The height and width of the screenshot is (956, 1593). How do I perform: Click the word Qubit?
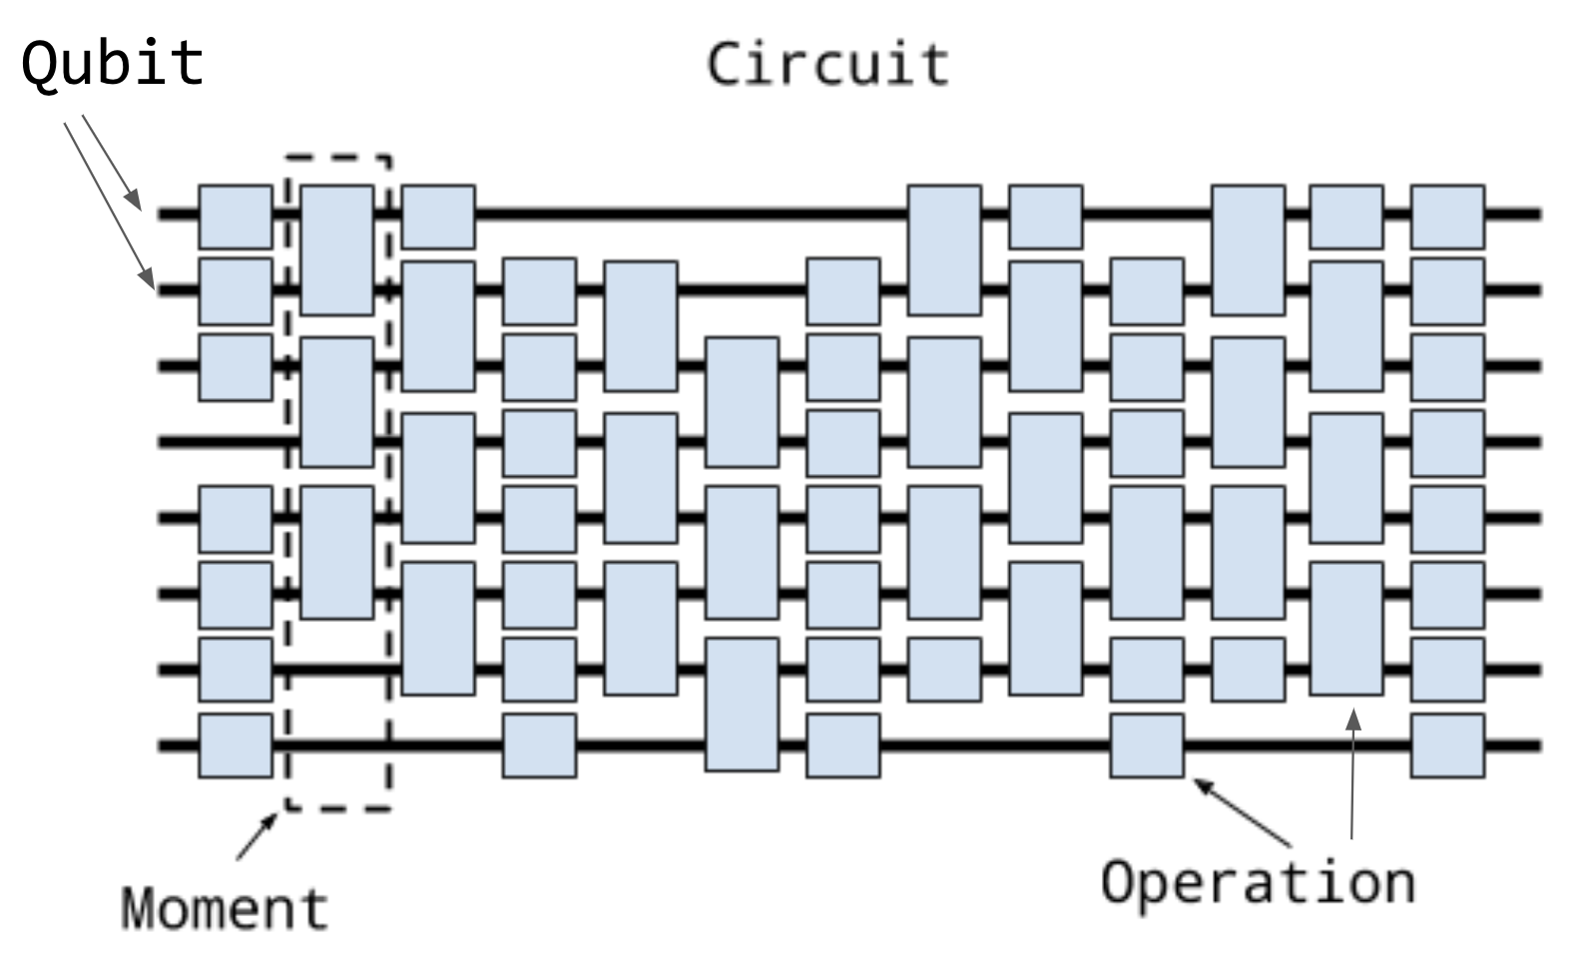pyautogui.click(x=113, y=63)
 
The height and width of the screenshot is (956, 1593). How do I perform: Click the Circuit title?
pyautogui.click(x=827, y=64)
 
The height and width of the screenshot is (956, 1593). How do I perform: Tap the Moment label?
pyautogui.click(x=225, y=908)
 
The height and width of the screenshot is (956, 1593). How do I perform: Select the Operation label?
pyautogui.click(x=1258, y=882)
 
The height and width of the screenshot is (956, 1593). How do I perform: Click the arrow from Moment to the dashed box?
pyautogui.click(x=257, y=836)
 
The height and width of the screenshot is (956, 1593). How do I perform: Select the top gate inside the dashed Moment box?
pyautogui.click(x=337, y=249)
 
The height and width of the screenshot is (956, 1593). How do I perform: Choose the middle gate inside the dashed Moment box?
pyautogui.click(x=337, y=401)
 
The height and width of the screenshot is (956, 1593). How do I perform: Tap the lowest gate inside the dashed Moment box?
pyautogui.click(x=337, y=552)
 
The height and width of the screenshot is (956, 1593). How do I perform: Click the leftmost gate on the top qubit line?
pyautogui.click(x=236, y=216)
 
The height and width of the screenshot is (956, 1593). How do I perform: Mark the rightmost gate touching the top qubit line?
pyautogui.click(x=1447, y=216)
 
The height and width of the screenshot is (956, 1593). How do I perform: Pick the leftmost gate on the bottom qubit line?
pyautogui.click(x=236, y=744)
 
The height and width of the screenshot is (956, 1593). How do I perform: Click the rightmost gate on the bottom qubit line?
pyautogui.click(x=1447, y=744)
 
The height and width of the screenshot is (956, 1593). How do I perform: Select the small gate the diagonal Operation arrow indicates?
pyautogui.click(x=1148, y=744)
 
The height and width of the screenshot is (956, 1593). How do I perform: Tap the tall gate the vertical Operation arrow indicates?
pyautogui.click(x=1346, y=628)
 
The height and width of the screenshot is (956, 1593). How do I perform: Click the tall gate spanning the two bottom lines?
pyautogui.click(x=742, y=704)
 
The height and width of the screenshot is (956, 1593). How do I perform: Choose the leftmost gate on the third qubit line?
pyautogui.click(x=236, y=366)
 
